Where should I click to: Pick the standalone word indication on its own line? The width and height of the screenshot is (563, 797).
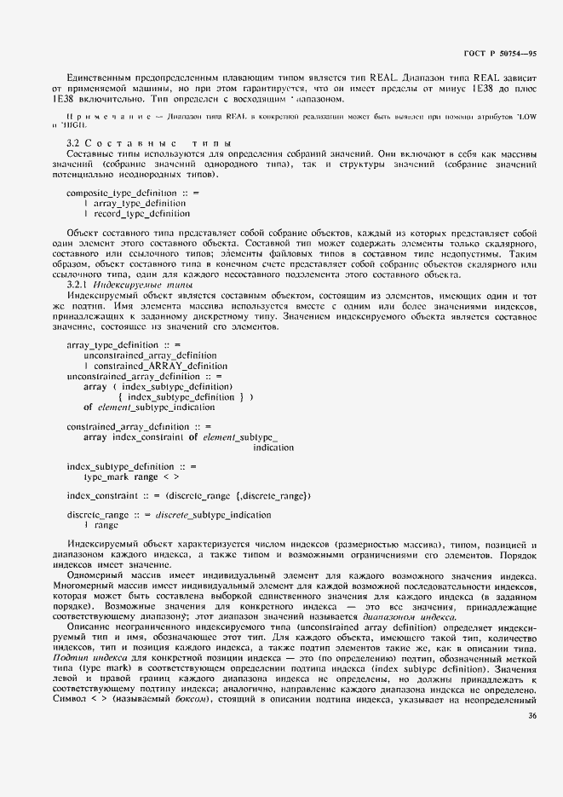tap(274, 447)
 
